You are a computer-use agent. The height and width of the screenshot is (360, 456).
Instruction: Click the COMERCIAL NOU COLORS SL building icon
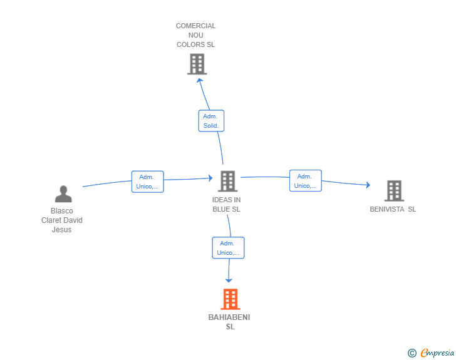(197, 64)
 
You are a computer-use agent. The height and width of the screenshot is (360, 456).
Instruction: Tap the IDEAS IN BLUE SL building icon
(228, 181)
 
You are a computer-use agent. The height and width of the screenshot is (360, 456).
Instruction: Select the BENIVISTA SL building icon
(394, 191)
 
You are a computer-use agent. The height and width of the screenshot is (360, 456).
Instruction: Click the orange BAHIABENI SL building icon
(231, 299)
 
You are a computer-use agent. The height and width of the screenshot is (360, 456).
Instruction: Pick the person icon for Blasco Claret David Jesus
(63, 194)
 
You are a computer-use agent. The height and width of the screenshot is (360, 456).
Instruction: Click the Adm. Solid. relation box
(211, 121)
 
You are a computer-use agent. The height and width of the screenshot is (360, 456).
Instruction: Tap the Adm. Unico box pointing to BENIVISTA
(306, 180)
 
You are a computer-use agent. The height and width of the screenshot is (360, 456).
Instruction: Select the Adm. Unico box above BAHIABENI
(228, 248)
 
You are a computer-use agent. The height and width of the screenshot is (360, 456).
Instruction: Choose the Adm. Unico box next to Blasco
(147, 182)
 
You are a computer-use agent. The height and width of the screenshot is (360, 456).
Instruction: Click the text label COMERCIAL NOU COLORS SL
(195, 35)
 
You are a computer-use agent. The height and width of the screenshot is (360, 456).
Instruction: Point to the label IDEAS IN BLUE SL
(226, 205)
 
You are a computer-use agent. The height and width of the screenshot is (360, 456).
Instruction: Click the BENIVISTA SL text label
(393, 209)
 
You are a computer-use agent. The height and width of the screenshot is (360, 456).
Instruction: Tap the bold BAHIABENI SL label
(229, 322)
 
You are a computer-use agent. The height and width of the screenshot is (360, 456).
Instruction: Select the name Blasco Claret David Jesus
(62, 220)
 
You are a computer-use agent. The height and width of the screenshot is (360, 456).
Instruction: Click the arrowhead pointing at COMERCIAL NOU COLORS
(199, 80)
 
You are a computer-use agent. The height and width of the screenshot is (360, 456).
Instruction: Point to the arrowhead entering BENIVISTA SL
(368, 185)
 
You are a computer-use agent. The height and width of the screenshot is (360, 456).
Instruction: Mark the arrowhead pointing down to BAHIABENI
(229, 280)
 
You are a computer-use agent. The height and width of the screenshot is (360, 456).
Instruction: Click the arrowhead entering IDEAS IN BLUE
(210, 178)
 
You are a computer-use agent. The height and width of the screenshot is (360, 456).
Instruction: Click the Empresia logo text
(437, 352)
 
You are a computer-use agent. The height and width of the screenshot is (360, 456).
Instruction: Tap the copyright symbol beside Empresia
(412, 353)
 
